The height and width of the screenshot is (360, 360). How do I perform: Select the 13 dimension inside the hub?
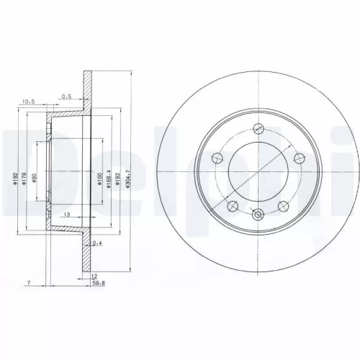(x=66, y=215)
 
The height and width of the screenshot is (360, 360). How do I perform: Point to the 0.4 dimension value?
(x=96, y=243)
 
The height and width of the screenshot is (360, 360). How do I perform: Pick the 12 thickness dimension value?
(x=93, y=275)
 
